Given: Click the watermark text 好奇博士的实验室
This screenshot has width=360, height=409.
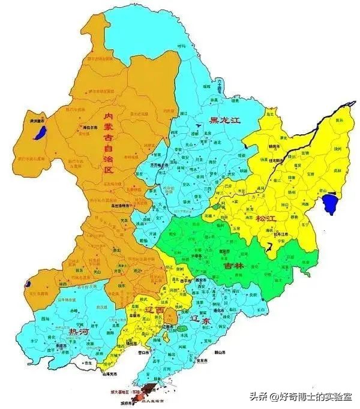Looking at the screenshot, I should tap(311, 396).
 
